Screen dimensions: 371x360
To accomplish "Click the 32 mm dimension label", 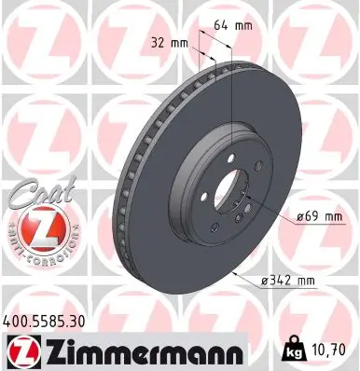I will pos(168,42).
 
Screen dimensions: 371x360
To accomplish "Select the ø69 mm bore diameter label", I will pos(320,216).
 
